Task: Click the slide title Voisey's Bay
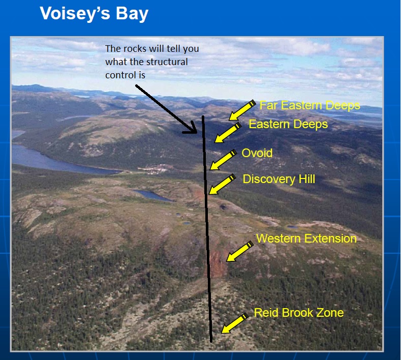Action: click(x=94, y=13)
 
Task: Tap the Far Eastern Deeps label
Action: click(x=310, y=105)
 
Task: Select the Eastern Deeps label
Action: click(x=288, y=124)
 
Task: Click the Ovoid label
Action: click(x=257, y=153)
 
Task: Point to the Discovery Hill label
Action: click(x=279, y=179)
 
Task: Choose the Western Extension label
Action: click(x=306, y=238)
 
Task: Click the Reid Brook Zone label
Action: click(x=299, y=313)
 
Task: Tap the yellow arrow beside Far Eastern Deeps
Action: click(x=242, y=110)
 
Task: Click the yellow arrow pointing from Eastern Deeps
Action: click(x=228, y=133)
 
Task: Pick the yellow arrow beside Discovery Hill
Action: click(x=222, y=184)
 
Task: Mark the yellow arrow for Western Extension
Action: click(x=240, y=251)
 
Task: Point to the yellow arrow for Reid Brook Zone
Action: click(x=234, y=323)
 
